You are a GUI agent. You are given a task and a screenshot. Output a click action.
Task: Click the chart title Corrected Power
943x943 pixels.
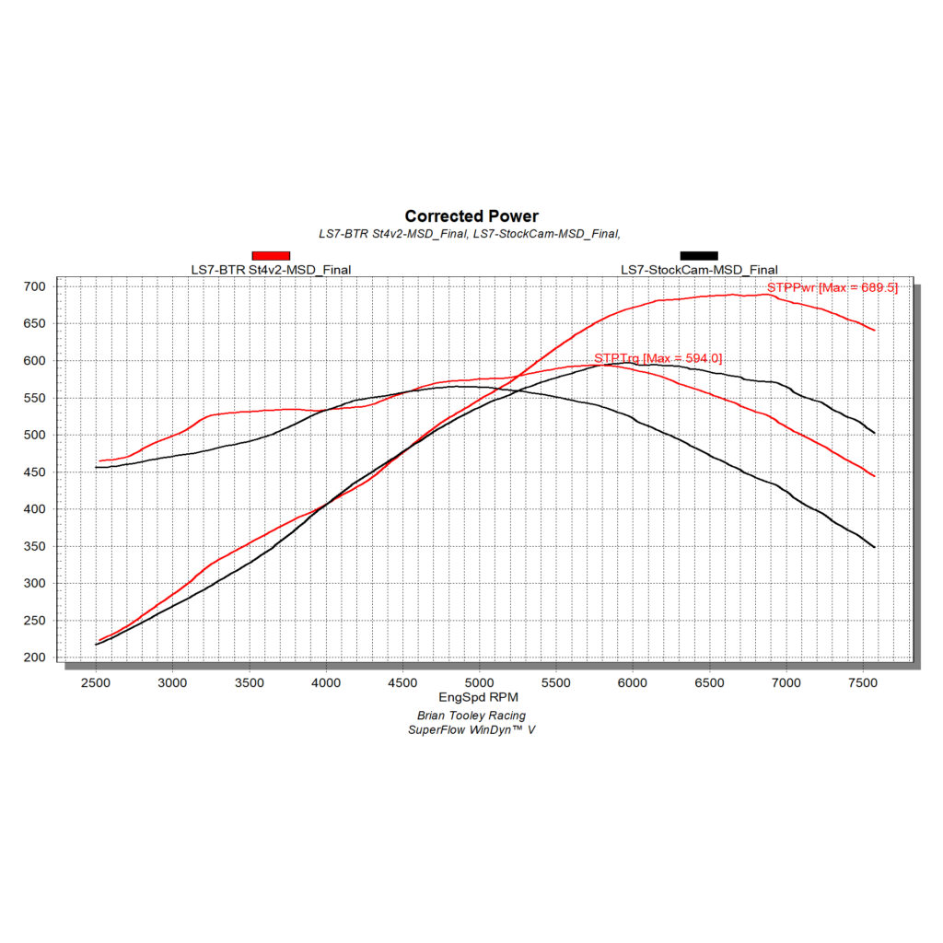471,215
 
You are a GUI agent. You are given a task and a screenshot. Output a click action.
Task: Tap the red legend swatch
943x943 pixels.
271,256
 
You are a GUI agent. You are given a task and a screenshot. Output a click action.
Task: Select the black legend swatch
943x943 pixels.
699,256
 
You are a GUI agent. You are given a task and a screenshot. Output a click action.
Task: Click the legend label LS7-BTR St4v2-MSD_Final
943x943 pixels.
271,270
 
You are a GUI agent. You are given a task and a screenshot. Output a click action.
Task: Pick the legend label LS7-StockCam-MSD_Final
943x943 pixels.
699,270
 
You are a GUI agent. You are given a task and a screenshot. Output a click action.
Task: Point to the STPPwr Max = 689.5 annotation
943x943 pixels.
832,287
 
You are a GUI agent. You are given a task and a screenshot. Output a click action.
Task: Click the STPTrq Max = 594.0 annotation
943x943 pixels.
658,358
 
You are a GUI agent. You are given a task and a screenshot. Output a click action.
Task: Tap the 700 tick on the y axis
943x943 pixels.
34,287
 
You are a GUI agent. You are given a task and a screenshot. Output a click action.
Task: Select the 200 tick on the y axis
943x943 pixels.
34,658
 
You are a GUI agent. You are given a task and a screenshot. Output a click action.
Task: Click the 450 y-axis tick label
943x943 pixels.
34,472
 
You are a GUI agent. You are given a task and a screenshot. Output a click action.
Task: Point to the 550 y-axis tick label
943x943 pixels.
34,398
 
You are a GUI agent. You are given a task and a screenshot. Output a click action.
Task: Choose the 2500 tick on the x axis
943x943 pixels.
96,682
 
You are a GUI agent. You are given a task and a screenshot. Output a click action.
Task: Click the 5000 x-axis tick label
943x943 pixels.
479,682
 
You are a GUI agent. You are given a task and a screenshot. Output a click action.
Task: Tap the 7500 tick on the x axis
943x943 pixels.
863,682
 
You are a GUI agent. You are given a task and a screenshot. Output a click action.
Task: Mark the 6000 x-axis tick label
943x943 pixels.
633,682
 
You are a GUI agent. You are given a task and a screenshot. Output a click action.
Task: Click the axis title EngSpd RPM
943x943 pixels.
478,697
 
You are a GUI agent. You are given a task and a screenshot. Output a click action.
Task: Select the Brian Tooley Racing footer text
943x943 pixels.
471,716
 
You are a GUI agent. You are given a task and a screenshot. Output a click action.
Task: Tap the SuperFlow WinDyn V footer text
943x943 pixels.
471,730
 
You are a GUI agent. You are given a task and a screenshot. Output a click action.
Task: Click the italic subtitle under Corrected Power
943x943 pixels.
470,234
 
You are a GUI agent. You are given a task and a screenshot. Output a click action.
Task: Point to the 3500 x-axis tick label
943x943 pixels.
249,682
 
